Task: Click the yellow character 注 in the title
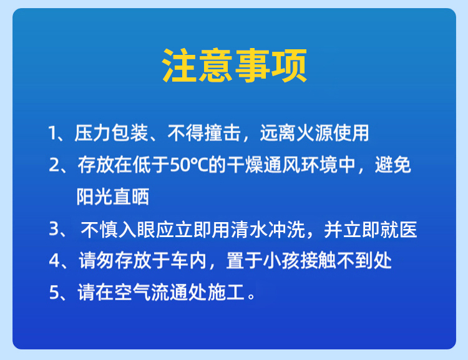[x=179, y=66]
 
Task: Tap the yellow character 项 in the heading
[x=289, y=66]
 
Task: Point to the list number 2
[x=54, y=165]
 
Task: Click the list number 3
[x=54, y=229]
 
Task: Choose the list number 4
[x=55, y=261]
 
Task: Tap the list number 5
[x=54, y=292]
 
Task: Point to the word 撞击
[x=223, y=133]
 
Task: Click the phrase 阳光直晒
[x=113, y=197]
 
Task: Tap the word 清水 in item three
[x=249, y=230]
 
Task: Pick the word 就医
[x=399, y=230]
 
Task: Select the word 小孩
[x=281, y=261]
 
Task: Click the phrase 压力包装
[x=111, y=133]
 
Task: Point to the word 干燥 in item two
[x=245, y=165]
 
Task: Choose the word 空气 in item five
[x=132, y=292]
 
